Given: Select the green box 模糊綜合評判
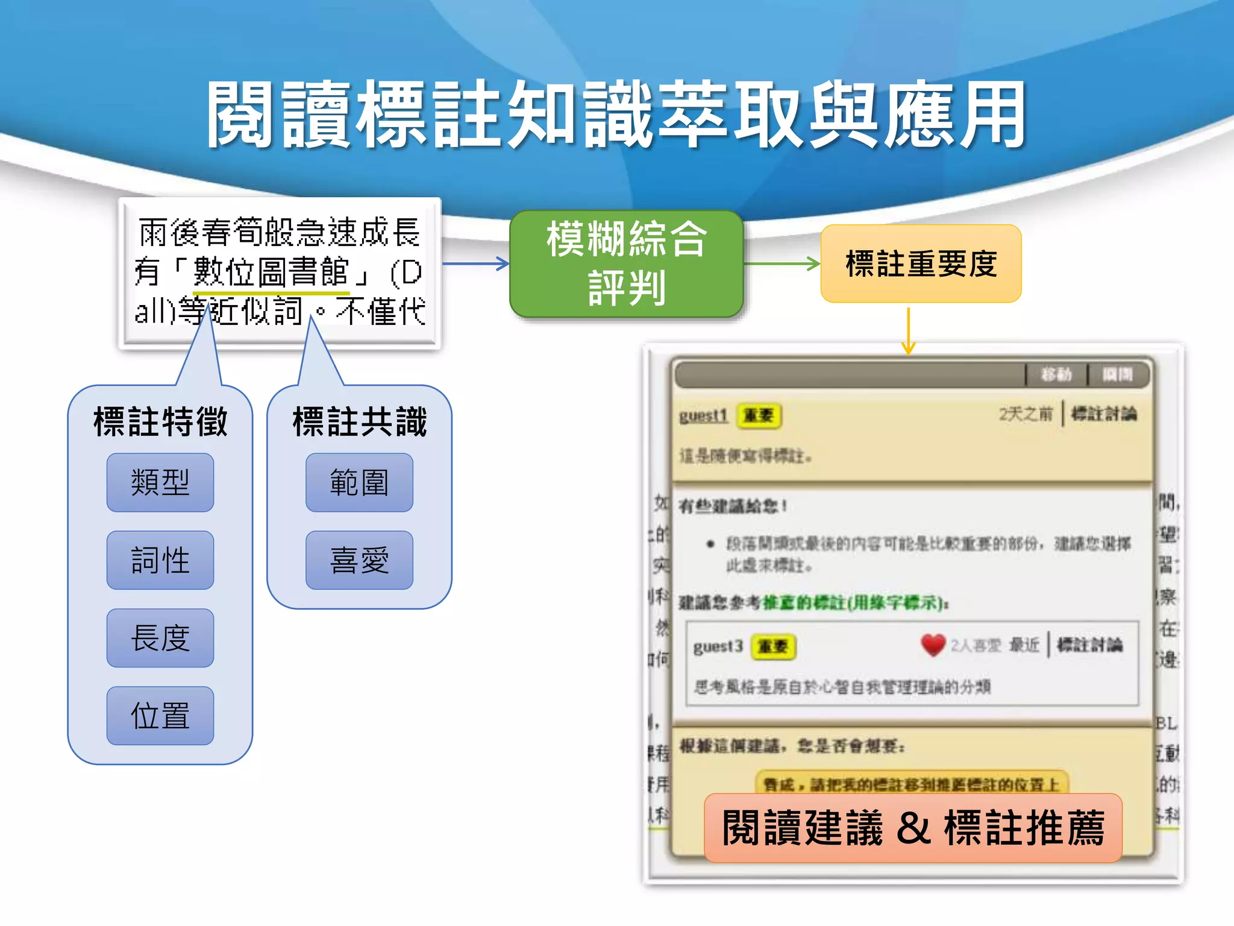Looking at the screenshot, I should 626,263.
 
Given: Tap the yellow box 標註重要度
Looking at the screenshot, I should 921,263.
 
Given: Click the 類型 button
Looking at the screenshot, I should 160,482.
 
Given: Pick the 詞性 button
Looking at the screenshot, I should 160,560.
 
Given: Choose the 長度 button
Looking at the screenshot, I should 160,638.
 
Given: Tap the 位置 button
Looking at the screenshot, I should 160,716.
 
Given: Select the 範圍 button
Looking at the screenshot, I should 359,482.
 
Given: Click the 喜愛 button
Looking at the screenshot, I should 359,560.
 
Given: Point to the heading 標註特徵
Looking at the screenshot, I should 160,421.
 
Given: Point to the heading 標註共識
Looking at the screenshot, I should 360,421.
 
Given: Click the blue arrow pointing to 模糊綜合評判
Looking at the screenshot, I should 476,263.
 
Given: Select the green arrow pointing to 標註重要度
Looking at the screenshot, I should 782,263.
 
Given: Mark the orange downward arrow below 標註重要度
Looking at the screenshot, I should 908,332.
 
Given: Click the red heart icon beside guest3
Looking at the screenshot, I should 933,645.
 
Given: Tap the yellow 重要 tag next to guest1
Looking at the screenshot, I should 759,415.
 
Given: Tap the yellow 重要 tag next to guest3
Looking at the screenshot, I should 773,647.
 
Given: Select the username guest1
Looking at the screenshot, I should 703,415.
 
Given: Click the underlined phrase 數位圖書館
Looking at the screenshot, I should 271,272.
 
